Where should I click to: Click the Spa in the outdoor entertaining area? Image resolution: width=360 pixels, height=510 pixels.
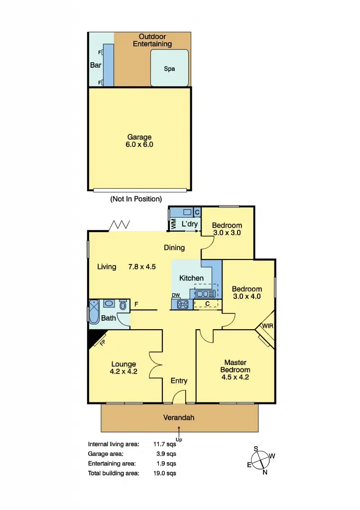click(170, 69)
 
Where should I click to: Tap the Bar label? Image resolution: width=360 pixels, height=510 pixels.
click(96, 65)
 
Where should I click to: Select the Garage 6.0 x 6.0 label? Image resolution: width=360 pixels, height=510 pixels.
click(139, 141)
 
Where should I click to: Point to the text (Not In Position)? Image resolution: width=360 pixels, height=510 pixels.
click(136, 199)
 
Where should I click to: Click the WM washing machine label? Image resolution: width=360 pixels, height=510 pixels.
click(174, 224)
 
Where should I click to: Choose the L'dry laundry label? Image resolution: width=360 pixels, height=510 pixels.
click(190, 224)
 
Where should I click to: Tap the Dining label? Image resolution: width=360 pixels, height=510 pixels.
click(174, 248)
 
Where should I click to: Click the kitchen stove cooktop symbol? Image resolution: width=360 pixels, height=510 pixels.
click(182, 304)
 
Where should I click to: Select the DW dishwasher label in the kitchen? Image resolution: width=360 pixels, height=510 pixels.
click(176, 295)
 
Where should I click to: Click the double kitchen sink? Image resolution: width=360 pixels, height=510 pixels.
click(206, 293)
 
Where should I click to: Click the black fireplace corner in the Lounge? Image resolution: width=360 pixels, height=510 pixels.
click(93, 340)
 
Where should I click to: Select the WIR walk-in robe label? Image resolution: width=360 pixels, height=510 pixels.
click(267, 326)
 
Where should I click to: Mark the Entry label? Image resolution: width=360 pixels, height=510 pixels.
click(179, 381)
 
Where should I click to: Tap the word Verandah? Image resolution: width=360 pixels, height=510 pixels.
click(180, 418)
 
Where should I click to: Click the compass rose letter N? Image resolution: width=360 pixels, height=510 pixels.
click(265, 473)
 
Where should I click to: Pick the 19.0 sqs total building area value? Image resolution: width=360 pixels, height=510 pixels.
click(166, 473)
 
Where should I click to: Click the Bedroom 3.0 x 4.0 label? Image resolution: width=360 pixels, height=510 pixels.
click(246, 293)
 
